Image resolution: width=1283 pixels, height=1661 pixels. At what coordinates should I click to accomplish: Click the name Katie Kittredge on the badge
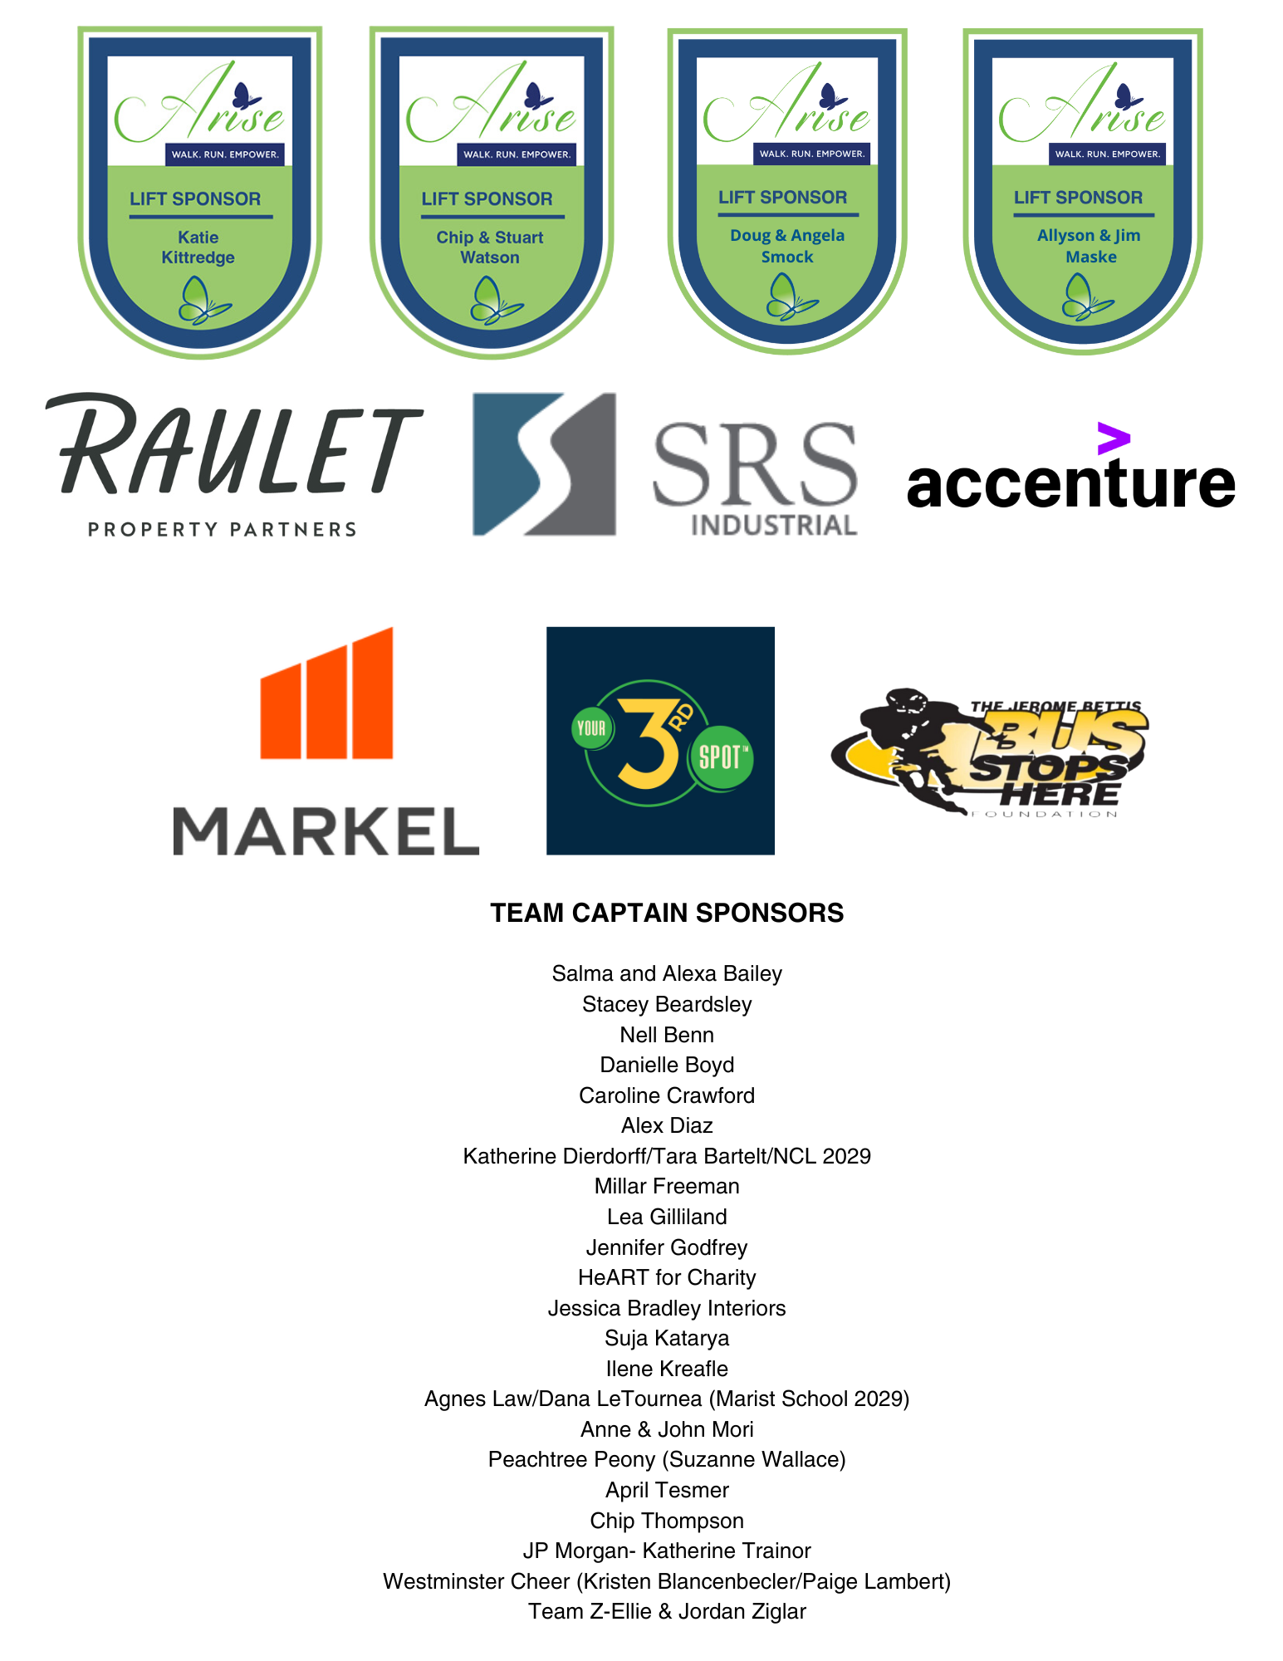pyautogui.click(x=198, y=247)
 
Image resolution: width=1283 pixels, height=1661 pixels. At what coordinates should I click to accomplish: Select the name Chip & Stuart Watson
pyautogui.click(x=490, y=247)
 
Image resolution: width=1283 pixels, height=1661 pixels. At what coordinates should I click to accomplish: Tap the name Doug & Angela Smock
pyautogui.click(x=787, y=246)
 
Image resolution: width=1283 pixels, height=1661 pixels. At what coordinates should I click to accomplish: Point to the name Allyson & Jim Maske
pyautogui.click(x=1089, y=246)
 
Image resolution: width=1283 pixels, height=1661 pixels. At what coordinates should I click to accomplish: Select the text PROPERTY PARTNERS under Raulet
pyautogui.click(x=223, y=529)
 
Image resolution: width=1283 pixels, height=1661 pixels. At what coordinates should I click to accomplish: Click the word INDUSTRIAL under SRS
pyautogui.click(x=773, y=526)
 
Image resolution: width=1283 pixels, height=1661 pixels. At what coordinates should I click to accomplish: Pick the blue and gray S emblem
pyautogui.click(x=544, y=464)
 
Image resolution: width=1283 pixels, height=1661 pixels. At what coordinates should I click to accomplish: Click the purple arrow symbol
pyautogui.click(x=1113, y=439)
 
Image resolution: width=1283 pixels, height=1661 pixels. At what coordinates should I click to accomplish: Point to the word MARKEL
pyautogui.click(x=326, y=830)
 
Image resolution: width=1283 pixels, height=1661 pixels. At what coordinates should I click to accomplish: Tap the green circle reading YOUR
pyautogui.click(x=591, y=728)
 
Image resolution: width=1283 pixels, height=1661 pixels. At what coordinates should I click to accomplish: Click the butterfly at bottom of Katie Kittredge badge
pyautogui.click(x=203, y=301)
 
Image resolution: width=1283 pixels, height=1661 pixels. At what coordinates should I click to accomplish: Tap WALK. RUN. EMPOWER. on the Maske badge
pyautogui.click(x=1107, y=154)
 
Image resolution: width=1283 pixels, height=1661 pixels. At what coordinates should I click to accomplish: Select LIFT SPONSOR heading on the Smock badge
pyautogui.click(x=782, y=198)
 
